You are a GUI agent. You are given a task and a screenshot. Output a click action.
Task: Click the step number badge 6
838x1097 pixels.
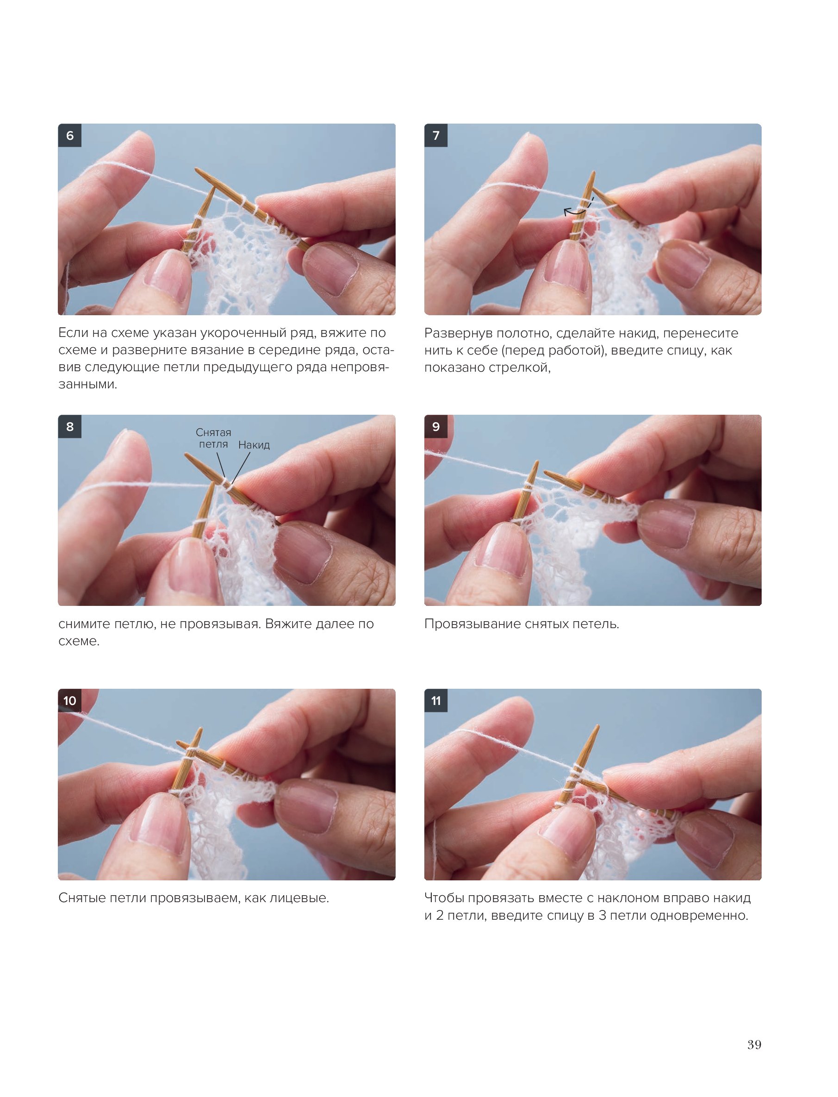point(70,135)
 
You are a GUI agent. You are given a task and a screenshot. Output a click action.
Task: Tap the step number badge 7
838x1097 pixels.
point(436,135)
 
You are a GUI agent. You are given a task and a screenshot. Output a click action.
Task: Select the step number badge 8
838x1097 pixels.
point(70,426)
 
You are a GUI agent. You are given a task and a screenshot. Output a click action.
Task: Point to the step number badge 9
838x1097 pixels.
point(436,426)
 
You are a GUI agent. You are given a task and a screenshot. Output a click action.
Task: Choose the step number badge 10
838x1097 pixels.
point(70,700)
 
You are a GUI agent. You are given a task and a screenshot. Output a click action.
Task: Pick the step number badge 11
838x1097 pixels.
point(436,700)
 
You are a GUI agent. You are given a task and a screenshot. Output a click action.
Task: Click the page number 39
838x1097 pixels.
point(754,1045)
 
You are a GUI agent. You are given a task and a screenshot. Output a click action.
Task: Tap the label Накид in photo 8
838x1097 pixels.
point(254,445)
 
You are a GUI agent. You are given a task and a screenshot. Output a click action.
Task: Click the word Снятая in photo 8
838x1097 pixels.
point(213,432)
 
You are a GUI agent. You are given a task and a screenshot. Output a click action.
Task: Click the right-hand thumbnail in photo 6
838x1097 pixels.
point(329,269)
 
